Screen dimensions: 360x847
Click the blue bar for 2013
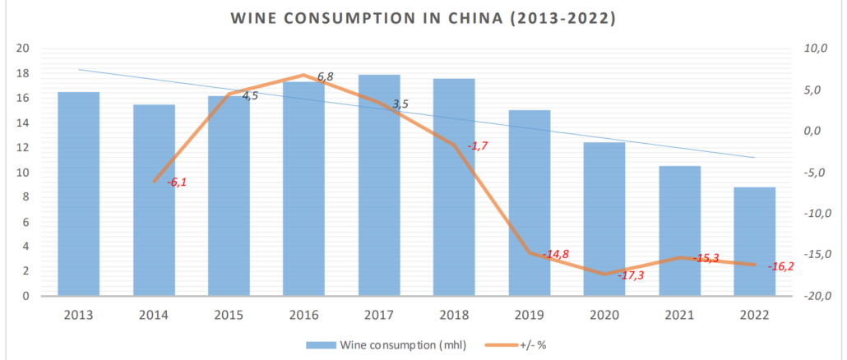[x=79, y=194]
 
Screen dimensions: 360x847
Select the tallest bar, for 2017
[x=379, y=185]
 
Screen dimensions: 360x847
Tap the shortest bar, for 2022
[x=754, y=242]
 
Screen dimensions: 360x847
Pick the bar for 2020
[x=604, y=219]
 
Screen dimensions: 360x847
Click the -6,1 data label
[x=177, y=182]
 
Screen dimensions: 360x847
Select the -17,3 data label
[x=631, y=275]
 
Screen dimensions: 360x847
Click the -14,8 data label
[x=556, y=255]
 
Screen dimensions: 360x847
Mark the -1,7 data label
[x=478, y=146]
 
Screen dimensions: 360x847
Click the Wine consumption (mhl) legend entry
[x=386, y=344]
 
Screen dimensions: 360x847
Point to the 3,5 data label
[x=400, y=104]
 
